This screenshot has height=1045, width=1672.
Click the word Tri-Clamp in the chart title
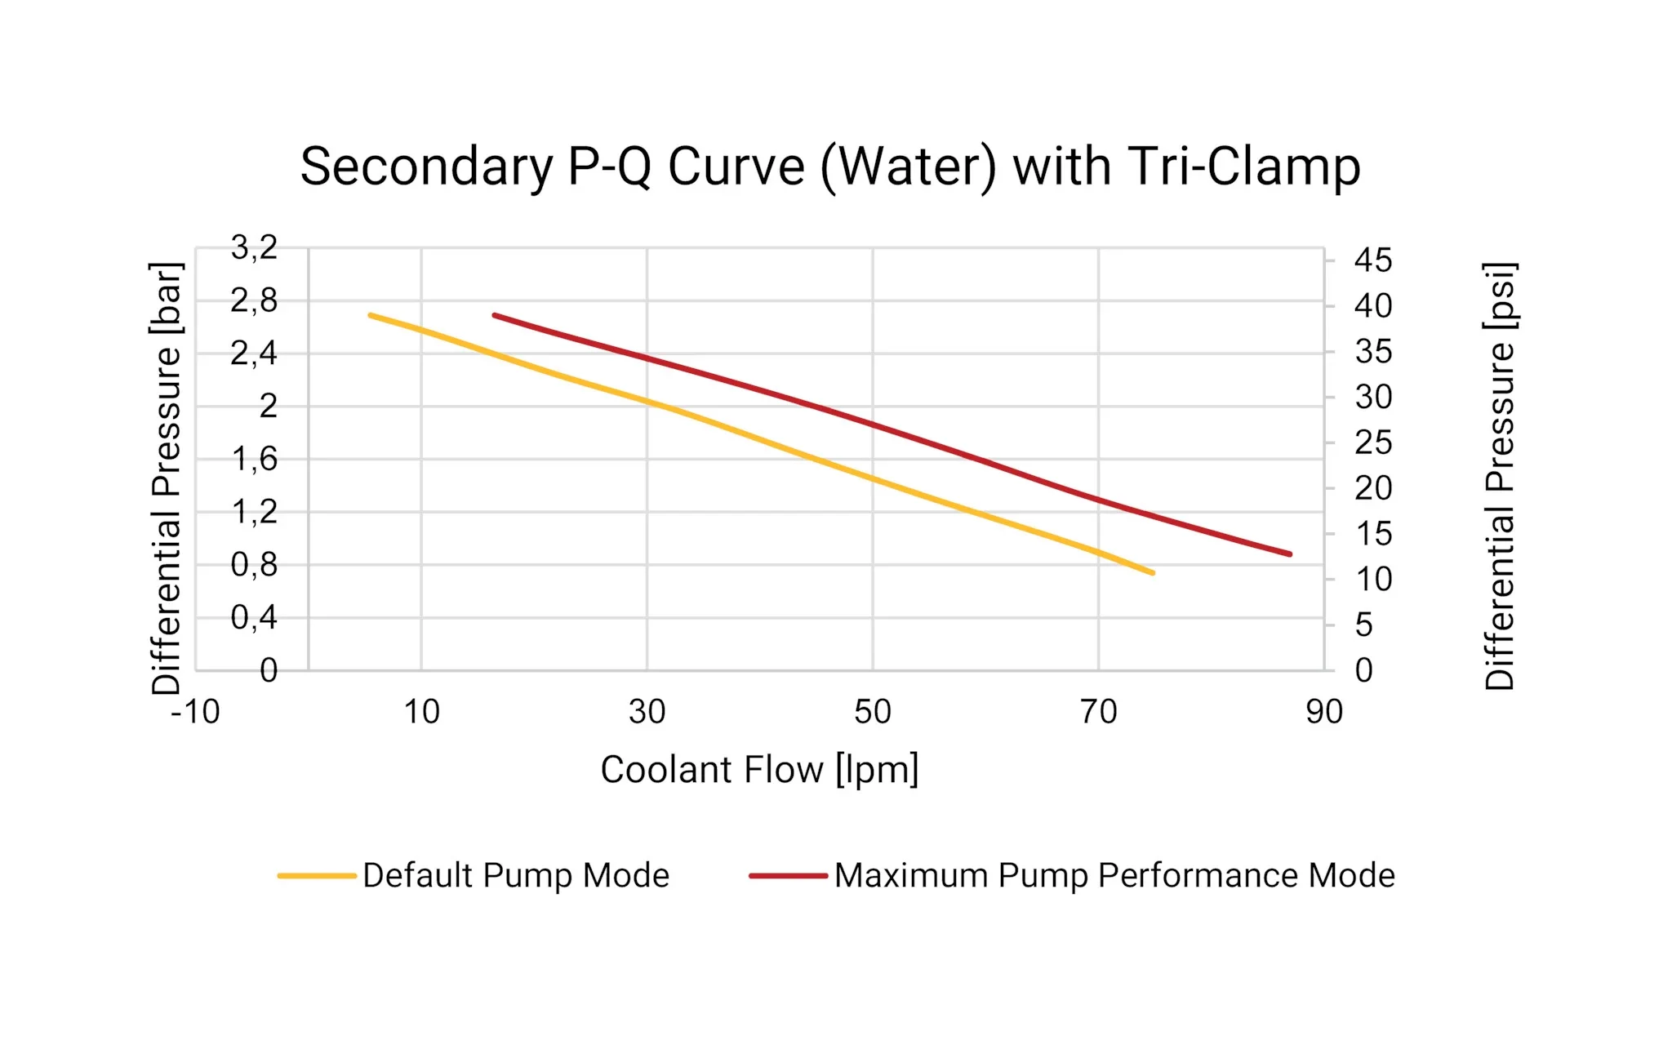click(x=1243, y=167)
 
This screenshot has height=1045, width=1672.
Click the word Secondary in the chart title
click(x=426, y=167)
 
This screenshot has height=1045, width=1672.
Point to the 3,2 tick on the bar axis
click(x=254, y=247)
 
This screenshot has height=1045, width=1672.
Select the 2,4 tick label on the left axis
click(x=254, y=354)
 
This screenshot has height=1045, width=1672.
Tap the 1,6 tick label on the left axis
click(x=255, y=460)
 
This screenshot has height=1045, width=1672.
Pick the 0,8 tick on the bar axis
click(x=254, y=565)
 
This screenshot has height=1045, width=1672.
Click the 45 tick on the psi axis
click(x=1372, y=261)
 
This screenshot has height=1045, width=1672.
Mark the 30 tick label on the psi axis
click(x=1373, y=398)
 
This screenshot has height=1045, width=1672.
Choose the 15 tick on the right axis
click(x=1373, y=535)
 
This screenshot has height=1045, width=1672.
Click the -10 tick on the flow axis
click(x=195, y=712)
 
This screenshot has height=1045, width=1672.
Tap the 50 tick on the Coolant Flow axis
click(x=872, y=712)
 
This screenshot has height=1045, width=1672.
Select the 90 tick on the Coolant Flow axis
click(x=1323, y=712)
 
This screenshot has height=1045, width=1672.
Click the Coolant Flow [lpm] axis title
click(x=759, y=770)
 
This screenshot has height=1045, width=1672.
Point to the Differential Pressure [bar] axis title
click(x=167, y=478)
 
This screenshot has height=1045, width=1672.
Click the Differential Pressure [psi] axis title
click(x=1500, y=476)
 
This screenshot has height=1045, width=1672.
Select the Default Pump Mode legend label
click(x=516, y=875)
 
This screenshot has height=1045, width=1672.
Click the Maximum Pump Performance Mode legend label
click(x=1114, y=875)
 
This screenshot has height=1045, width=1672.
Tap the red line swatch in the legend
click(x=788, y=876)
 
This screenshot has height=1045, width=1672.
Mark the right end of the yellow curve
click(x=1153, y=573)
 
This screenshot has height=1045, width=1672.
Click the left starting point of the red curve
click(x=495, y=314)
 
